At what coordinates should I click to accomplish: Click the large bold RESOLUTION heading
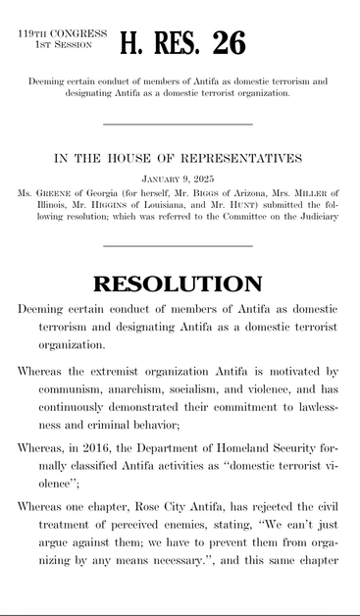[178, 284]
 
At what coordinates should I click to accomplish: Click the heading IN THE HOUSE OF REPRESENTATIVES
[178, 158]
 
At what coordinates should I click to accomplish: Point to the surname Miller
[309, 193]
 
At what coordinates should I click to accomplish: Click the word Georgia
[109, 193]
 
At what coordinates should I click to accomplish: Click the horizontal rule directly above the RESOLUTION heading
[178, 246]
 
